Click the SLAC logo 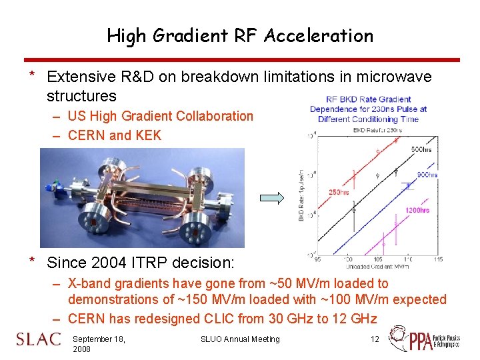[x=38, y=339]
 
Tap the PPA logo [x=425, y=339]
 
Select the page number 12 [x=375, y=339]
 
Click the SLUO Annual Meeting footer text [x=240, y=339]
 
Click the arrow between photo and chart [x=272, y=197]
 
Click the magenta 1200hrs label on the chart [x=417, y=211]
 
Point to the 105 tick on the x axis [x=377, y=259]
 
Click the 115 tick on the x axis [x=437, y=259]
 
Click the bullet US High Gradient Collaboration [x=160, y=116]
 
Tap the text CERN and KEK [x=115, y=135]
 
